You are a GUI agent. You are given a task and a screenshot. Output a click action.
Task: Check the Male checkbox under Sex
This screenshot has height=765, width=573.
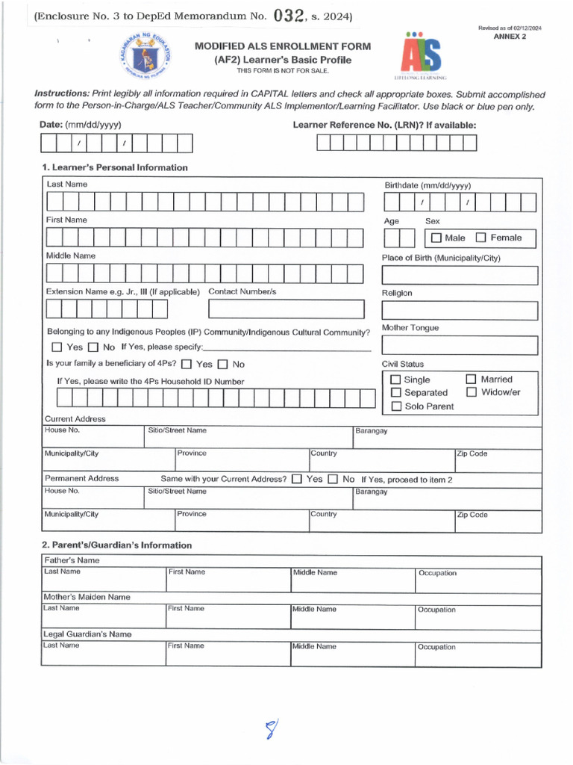pyautogui.click(x=436, y=238)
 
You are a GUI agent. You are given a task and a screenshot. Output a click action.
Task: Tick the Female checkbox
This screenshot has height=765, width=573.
pyautogui.click(x=480, y=238)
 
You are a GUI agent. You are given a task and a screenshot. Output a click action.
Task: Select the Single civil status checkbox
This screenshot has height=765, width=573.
pyautogui.click(x=395, y=380)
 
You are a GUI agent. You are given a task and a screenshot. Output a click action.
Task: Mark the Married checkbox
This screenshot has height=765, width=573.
pyautogui.click(x=471, y=380)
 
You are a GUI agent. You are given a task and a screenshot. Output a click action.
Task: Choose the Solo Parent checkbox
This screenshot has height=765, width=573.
pyautogui.click(x=395, y=406)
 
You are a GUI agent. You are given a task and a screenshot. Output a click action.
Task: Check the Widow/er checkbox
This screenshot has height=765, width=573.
pyautogui.click(x=471, y=392)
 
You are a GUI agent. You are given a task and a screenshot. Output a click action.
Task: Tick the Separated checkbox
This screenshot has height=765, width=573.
pyautogui.click(x=395, y=393)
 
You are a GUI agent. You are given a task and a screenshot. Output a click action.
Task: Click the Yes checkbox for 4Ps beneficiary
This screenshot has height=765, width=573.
pyautogui.click(x=187, y=365)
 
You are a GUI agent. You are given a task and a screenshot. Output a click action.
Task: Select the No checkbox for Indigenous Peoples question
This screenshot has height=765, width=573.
pyautogui.click(x=93, y=347)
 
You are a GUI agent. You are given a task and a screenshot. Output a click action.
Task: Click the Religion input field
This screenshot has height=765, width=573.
pyautogui.click(x=460, y=310)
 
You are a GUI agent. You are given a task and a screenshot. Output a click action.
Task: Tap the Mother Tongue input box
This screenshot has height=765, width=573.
pyautogui.click(x=460, y=345)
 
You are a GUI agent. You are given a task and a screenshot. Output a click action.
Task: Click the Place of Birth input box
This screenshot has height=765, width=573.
pyautogui.click(x=460, y=275)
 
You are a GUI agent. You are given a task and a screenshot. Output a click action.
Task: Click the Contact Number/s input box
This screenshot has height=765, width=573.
pyautogui.click(x=286, y=309)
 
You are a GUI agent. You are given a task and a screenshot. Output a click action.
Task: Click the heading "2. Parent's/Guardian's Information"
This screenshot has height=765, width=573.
pyautogui.click(x=116, y=545)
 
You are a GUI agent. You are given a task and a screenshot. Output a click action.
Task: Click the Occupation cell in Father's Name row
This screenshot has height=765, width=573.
pyautogui.click(x=478, y=580)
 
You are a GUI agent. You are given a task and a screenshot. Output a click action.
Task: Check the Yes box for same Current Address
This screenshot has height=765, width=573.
pyautogui.click(x=297, y=479)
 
